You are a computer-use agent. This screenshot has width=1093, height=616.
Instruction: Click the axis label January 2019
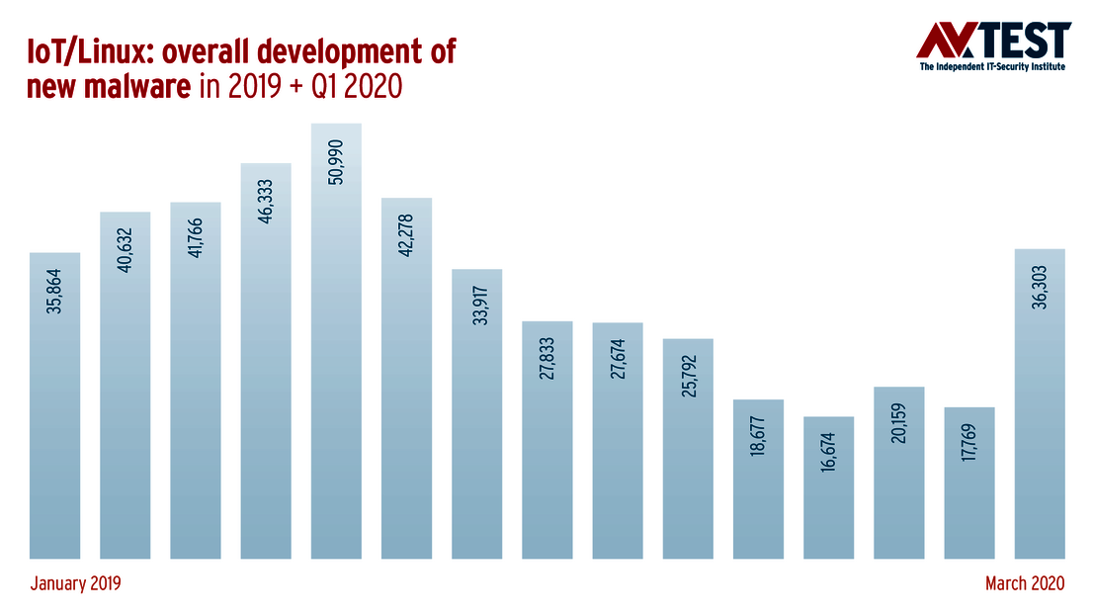click(75, 584)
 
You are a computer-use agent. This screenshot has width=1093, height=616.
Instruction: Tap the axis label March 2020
click(1025, 584)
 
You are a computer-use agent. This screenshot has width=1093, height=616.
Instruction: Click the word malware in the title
click(145, 87)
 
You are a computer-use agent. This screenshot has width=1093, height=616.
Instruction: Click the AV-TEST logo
click(993, 41)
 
